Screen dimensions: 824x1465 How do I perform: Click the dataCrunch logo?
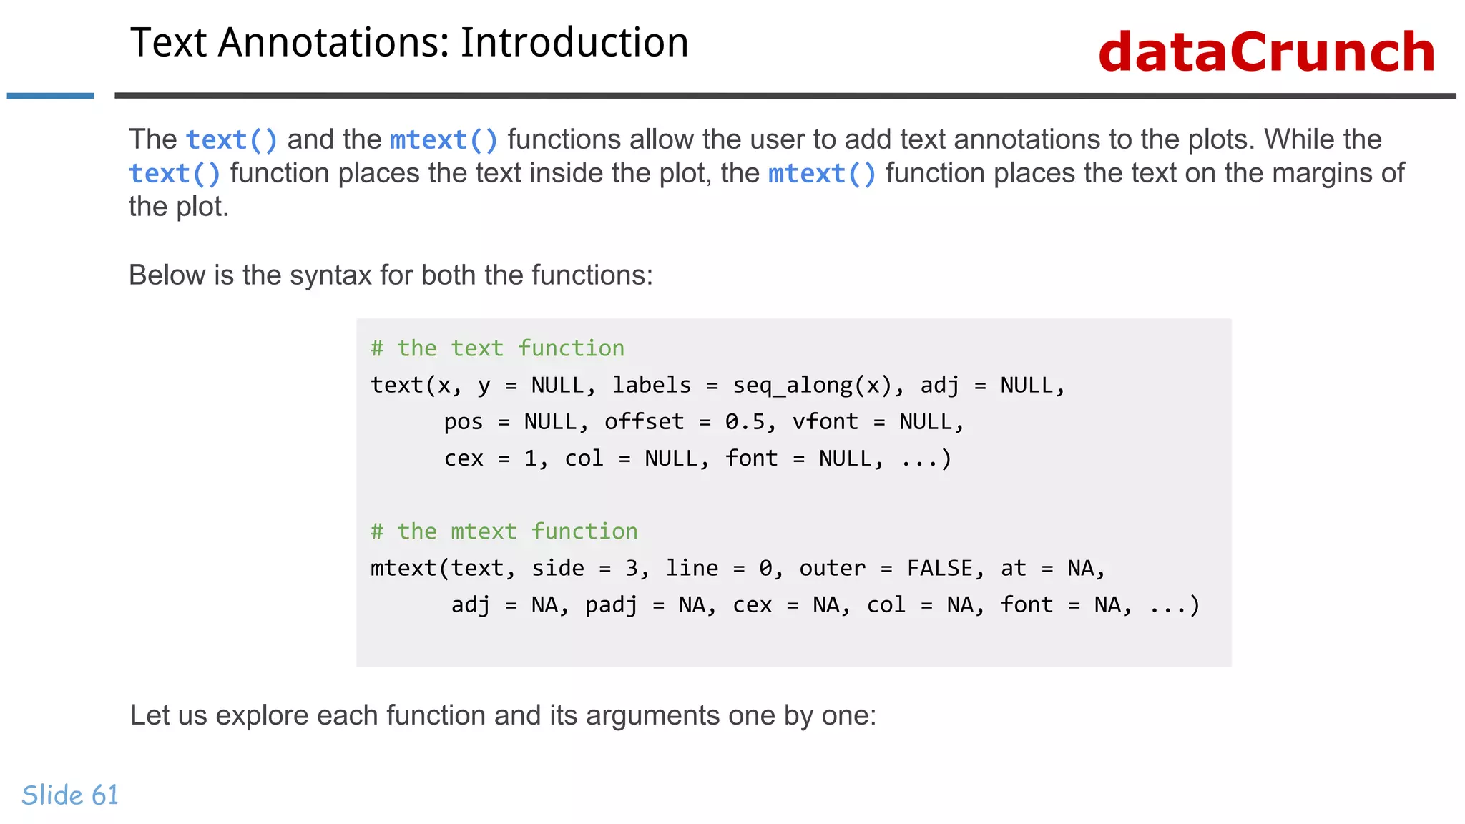1266,52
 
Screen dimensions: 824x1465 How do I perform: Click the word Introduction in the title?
574,43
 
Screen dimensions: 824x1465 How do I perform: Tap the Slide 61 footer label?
70,795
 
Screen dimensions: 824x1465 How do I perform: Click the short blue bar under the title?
50,96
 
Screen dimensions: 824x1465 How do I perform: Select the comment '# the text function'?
497,348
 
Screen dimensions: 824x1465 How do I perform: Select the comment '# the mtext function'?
504,531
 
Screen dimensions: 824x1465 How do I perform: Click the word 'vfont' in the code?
825,422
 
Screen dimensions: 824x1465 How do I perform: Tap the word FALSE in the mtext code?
940,569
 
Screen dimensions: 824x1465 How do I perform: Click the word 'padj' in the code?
611,605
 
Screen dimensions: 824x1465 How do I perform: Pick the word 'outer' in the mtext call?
832,569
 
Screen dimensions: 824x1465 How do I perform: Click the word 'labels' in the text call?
652,386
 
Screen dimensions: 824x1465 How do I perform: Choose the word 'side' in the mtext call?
557,569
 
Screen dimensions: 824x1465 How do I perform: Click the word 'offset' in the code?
644,422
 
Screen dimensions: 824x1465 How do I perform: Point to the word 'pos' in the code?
464,422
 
